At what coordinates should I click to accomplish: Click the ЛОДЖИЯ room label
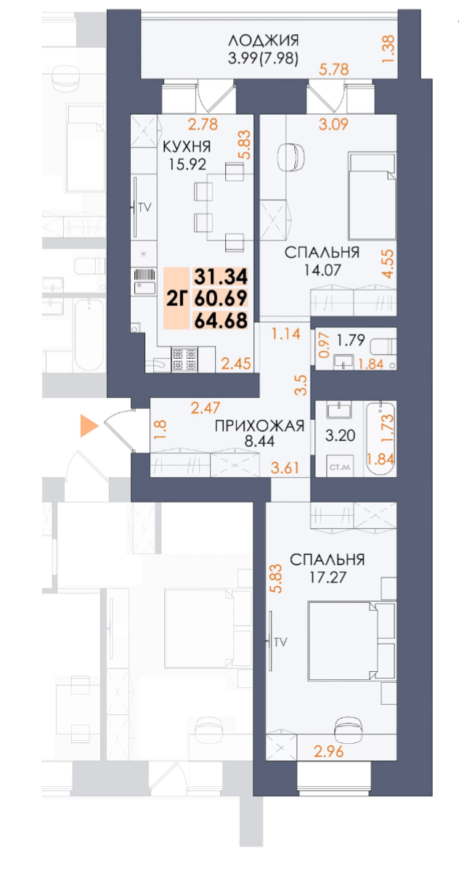(263, 40)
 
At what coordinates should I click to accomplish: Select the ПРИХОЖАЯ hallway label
(259, 426)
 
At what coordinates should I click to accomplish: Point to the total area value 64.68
(221, 319)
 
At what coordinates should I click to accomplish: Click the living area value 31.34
(221, 277)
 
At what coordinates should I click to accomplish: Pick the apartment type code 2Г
(178, 299)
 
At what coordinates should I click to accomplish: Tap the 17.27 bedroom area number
(327, 579)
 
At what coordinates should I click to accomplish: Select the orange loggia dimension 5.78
(336, 70)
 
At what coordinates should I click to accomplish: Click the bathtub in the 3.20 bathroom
(380, 438)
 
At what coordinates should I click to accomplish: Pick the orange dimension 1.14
(285, 335)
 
